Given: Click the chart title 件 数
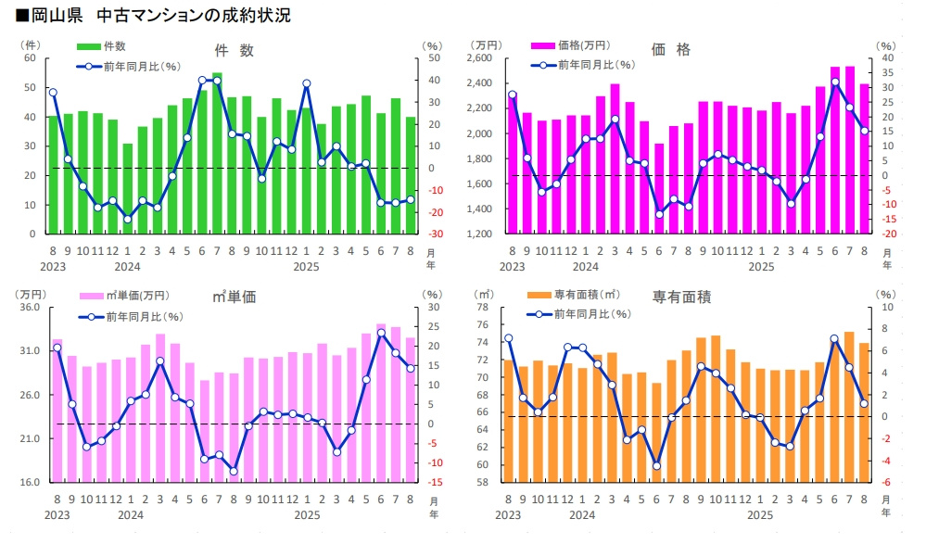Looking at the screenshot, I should (x=234, y=51).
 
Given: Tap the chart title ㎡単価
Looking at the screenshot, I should (x=234, y=297).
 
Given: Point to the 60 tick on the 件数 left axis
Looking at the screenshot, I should (x=29, y=58).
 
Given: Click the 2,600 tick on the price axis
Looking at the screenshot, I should (x=486, y=58).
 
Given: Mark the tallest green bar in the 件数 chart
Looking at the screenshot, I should (x=217, y=153).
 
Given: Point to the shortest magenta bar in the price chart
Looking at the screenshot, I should (x=660, y=188).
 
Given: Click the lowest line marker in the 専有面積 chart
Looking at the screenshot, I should (x=656, y=466).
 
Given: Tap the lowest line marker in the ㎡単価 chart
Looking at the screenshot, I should (x=234, y=471).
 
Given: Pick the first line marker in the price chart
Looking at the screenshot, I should (x=512, y=94).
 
